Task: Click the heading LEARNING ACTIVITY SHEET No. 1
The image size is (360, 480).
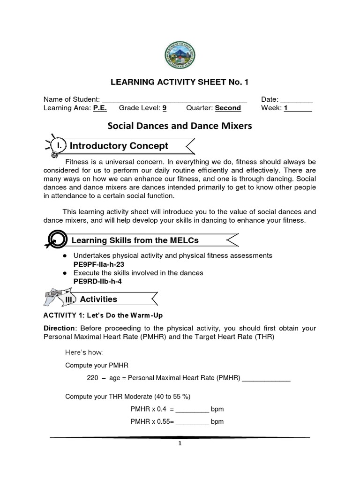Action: pos(180,82)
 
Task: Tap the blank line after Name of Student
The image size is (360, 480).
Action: pos(174,100)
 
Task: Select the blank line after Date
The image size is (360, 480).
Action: pos(296,100)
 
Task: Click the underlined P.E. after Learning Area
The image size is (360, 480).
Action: pos(100,108)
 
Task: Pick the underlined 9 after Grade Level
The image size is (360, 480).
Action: pos(165,108)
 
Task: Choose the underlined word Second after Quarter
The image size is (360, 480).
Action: pos(228,108)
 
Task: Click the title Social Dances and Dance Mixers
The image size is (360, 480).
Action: pos(180,126)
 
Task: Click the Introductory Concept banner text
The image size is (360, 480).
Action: pos(119,146)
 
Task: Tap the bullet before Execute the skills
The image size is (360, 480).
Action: pos(64,273)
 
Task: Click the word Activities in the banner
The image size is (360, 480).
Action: pos(98,299)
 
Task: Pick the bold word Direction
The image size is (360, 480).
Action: pos(59,328)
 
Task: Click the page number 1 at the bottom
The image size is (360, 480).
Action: pos(180,444)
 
